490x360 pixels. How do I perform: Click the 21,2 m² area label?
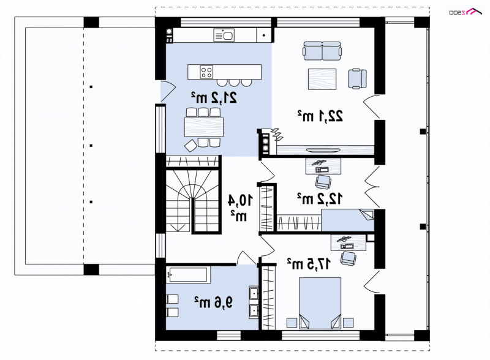pos(214,98)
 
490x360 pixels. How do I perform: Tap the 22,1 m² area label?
pos(320,116)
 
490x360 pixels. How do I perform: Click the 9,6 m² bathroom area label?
pos(214,302)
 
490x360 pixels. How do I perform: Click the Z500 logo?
pos(466,12)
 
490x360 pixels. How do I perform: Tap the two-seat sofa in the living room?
pos(322,51)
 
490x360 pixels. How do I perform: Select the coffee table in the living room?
pos(322,79)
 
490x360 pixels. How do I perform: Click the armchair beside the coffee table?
pos(357,79)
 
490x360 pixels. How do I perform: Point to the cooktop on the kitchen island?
pos(206,72)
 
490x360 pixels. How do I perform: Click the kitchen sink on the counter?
pos(224,35)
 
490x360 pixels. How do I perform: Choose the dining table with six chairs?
pos(204,127)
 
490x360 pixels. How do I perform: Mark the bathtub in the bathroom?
pos(187,274)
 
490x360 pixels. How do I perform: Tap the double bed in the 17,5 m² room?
pos(320,303)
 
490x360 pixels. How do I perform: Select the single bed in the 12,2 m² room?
pos(347,220)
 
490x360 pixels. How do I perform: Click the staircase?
pos(192,200)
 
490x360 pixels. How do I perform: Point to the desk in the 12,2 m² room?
pos(323,166)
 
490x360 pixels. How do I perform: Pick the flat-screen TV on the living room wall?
pos(323,151)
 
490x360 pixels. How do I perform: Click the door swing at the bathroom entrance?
pos(247,258)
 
